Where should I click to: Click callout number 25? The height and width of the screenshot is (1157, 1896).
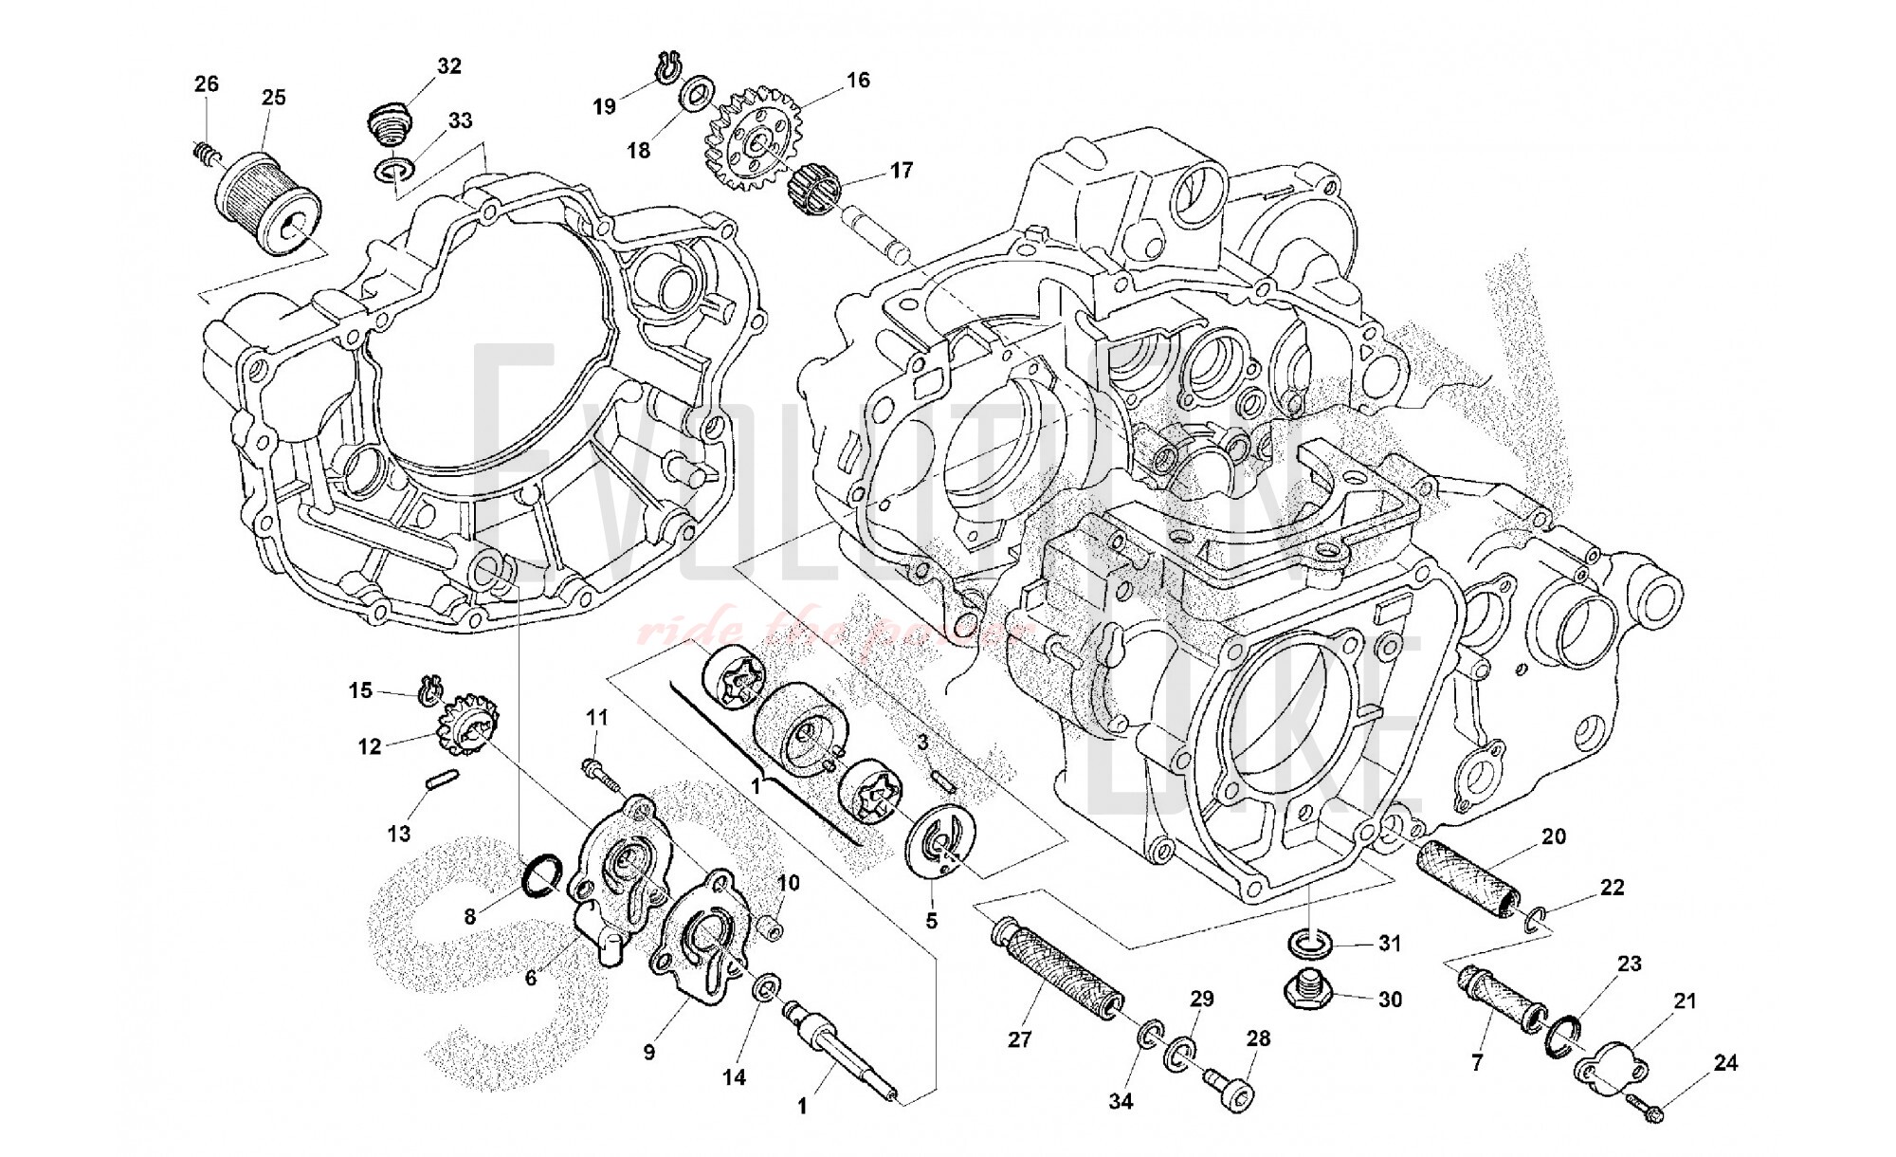273,97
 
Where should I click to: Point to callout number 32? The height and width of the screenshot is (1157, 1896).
448,65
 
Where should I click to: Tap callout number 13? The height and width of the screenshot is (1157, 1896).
399,833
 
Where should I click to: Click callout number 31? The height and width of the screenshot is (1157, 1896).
1390,943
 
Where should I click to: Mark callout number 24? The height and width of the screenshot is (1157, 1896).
1725,1063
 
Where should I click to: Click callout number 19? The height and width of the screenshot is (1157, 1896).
604,106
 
